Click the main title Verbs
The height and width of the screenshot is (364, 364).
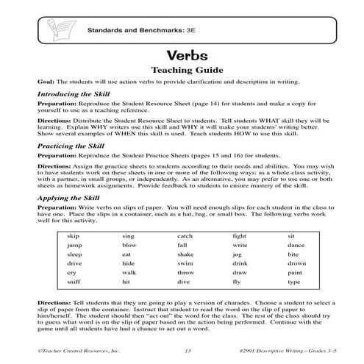(182, 55)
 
